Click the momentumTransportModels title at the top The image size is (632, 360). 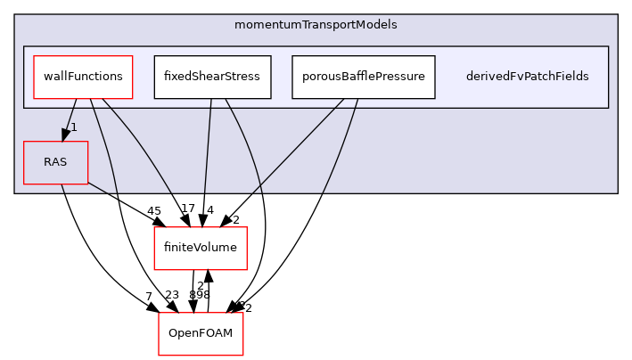point(316,25)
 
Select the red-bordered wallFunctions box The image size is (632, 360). point(83,77)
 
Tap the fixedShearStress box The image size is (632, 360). point(211,77)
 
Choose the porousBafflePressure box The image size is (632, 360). point(363,77)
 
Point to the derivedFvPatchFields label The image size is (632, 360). point(527,77)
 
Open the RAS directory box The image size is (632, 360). point(55,162)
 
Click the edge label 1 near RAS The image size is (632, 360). point(74,127)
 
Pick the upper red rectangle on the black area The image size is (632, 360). point(200,248)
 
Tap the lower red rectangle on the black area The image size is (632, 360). point(201,333)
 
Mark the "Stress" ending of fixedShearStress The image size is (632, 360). point(241,77)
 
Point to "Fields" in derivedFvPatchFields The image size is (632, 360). point(570,77)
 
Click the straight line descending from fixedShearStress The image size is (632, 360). point(208,143)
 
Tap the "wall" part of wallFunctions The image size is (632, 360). point(55,77)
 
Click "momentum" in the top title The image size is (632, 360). point(263,25)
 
